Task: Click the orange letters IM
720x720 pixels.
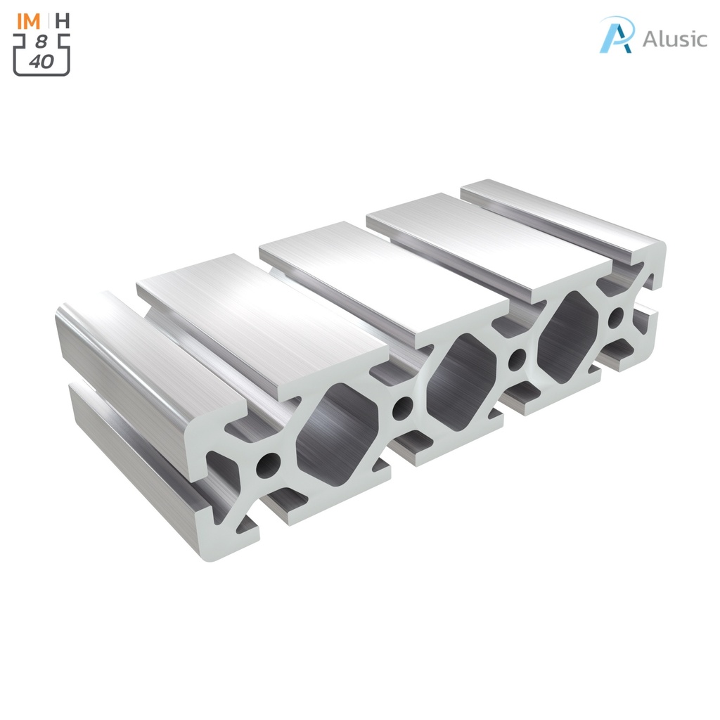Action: tap(30, 20)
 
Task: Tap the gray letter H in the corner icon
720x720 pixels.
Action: tap(63, 20)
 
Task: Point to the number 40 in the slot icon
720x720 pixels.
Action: tap(41, 61)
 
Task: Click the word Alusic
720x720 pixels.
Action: tap(674, 39)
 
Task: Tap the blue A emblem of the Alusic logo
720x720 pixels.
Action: tap(617, 34)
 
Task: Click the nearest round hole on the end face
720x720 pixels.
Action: tap(268, 464)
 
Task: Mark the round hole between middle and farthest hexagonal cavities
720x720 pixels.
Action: tap(517, 359)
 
